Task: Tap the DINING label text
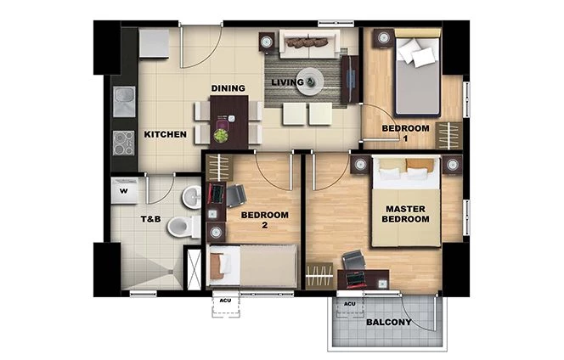228,88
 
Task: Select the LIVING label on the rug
287,82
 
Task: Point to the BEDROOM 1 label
405,132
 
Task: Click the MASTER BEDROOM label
405,213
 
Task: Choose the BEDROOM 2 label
265,220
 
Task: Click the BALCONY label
388,323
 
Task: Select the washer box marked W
124,190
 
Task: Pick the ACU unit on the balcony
349,304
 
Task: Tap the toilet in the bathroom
181,227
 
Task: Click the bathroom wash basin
195,198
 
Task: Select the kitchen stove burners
124,142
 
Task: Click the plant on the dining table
221,135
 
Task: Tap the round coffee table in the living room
309,80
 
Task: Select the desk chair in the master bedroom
352,261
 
